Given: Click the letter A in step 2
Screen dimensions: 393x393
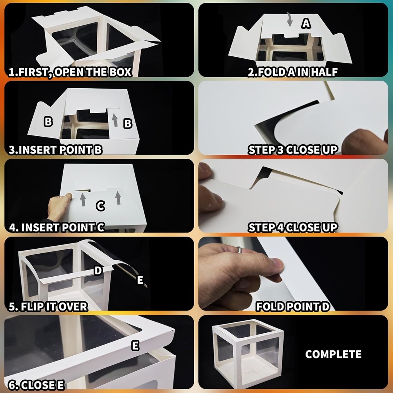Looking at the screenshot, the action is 306,23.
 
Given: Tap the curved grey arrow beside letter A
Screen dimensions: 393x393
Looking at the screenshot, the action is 289,19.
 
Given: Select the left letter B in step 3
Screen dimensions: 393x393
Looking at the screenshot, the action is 48,122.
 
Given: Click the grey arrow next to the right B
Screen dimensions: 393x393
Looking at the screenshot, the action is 115,120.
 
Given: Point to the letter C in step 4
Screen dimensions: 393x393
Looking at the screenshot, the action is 101,206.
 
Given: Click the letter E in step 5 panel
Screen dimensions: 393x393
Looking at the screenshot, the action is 140,280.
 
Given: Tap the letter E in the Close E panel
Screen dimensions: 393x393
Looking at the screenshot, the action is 135,346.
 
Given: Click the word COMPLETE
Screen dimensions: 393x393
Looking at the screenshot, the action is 334,354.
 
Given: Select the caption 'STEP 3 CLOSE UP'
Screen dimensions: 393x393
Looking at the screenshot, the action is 293,150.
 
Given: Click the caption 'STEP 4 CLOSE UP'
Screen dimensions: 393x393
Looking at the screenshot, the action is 293,227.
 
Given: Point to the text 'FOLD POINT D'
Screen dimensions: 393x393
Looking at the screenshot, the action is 293,306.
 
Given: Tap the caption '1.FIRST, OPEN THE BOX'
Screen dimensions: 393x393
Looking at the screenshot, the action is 70,72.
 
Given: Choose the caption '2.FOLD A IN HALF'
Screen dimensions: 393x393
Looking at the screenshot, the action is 293,72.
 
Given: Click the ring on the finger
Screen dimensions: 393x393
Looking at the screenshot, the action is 240,250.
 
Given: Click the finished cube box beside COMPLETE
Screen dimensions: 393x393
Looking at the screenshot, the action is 248,353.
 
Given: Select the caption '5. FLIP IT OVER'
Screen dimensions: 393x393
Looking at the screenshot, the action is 48,307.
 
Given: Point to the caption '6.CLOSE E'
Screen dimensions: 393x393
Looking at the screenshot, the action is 36,385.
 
